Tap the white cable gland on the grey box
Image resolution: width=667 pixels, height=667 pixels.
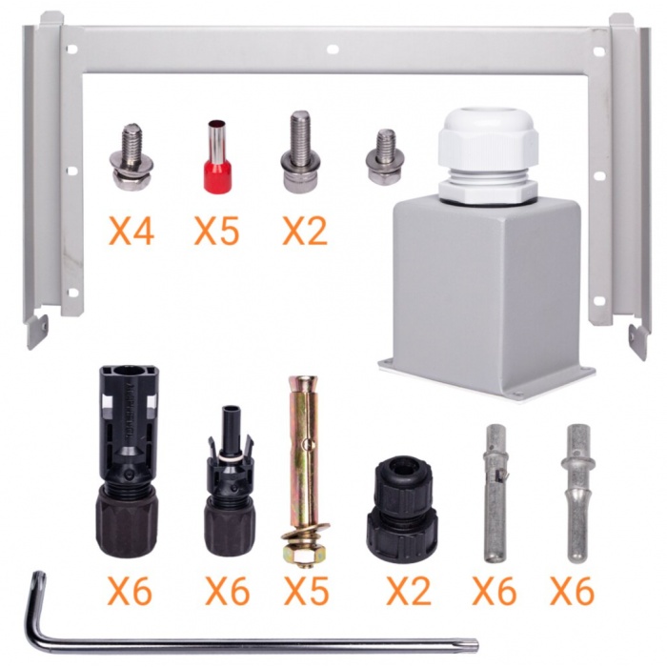click(x=489, y=157)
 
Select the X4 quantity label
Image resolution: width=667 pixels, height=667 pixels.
click(x=131, y=231)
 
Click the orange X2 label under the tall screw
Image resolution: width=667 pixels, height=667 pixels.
click(x=305, y=231)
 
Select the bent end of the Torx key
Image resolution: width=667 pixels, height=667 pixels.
click(x=36, y=596)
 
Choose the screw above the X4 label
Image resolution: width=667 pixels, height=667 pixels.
click(x=131, y=156)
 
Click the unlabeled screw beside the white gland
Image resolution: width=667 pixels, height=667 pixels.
click(x=385, y=156)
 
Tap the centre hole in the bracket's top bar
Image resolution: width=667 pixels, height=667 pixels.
click(x=333, y=50)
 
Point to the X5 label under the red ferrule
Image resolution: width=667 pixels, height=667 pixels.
click(x=216, y=231)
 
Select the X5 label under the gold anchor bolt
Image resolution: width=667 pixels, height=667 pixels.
click(x=306, y=591)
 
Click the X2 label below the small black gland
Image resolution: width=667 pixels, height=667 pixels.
click(x=409, y=591)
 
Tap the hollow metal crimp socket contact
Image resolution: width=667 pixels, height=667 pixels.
click(x=495, y=493)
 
